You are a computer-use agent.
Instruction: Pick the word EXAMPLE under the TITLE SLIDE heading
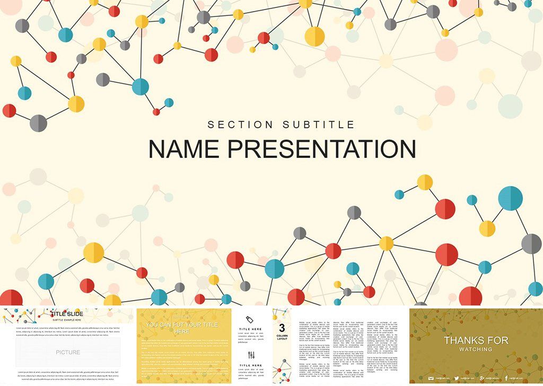click(x=68, y=320)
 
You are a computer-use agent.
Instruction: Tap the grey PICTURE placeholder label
click(x=68, y=352)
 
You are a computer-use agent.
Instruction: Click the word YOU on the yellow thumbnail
click(x=152, y=324)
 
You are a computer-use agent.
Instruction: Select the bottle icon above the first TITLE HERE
click(x=251, y=319)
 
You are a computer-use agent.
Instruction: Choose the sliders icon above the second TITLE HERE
click(x=251, y=355)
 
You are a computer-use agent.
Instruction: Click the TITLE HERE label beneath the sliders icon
click(x=251, y=365)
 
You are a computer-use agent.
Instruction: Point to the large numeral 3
click(x=282, y=328)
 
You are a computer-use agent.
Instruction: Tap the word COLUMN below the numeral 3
click(x=282, y=335)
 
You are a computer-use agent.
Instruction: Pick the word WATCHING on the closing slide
click(x=476, y=349)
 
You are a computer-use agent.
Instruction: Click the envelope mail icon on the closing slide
click(x=431, y=378)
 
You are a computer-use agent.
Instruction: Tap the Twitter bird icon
click(x=456, y=378)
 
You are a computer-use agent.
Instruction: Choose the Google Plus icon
click(x=481, y=378)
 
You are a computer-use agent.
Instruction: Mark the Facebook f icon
click(x=506, y=378)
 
